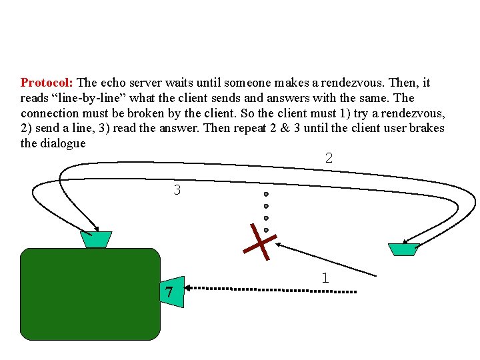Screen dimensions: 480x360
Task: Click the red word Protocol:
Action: tap(47, 83)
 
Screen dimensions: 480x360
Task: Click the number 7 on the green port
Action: tap(169, 292)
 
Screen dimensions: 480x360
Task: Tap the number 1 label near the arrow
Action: tap(325, 278)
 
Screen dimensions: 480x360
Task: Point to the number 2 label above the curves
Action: tap(329, 158)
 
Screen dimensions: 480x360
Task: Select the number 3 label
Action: tap(177, 190)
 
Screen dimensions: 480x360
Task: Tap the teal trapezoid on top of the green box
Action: tap(96, 239)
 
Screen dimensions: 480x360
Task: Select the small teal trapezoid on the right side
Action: tap(403, 249)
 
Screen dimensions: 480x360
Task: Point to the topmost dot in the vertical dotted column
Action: tap(266, 195)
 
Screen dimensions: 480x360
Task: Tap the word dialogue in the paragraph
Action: tap(63, 143)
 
